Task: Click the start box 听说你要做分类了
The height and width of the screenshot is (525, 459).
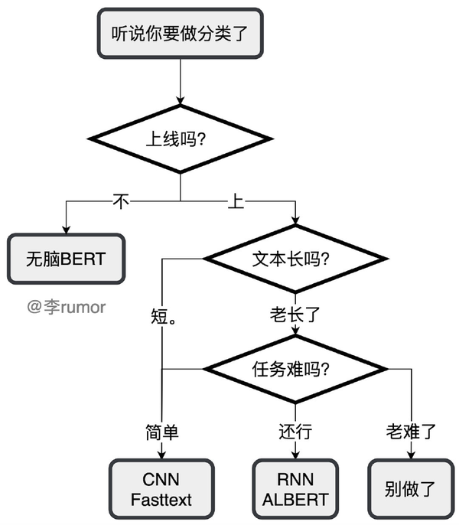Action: click(x=180, y=33)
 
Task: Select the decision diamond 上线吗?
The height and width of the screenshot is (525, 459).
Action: click(x=180, y=140)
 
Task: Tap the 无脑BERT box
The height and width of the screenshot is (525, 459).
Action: click(x=65, y=259)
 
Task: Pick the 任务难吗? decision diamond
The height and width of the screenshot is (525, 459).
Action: click(x=295, y=370)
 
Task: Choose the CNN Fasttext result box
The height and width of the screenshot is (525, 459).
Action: click(x=161, y=489)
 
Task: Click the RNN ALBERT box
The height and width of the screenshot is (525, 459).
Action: click(x=295, y=489)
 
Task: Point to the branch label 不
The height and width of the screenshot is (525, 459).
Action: click(x=121, y=202)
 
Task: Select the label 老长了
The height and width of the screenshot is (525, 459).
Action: click(x=295, y=315)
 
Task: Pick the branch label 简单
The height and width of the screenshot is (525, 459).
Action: click(x=161, y=432)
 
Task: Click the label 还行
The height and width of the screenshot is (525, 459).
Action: click(x=295, y=432)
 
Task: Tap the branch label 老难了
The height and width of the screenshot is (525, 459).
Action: click(x=411, y=432)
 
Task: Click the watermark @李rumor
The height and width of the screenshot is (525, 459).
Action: click(x=66, y=307)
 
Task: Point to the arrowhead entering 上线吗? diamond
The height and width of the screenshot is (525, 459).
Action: click(x=180, y=99)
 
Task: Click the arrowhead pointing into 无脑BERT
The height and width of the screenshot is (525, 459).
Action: click(x=65, y=229)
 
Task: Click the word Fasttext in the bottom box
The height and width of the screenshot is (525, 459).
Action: click(x=161, y=501)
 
